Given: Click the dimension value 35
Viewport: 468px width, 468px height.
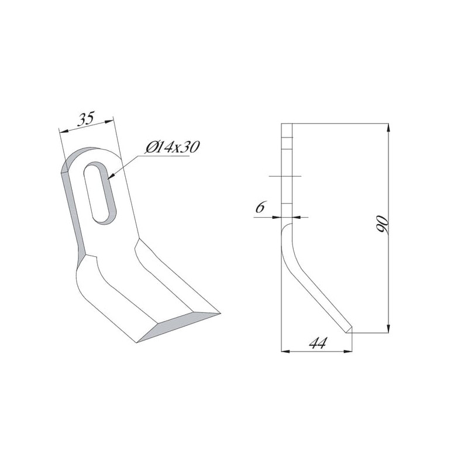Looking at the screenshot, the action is click(x=86, y=118).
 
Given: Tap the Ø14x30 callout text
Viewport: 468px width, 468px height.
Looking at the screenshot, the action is click(x=173, y=147).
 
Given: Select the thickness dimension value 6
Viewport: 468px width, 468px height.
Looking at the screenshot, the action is click(x=260, y=207).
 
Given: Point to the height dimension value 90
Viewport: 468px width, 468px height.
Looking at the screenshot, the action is click(x=383, y=224).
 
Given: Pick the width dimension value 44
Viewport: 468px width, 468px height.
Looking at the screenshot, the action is click(x=318, y=343).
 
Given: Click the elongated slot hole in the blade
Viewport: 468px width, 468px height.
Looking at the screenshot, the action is click(x=99, y=194).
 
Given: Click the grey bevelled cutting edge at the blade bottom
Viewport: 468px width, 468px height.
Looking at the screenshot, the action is click(x=178, y=326).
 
